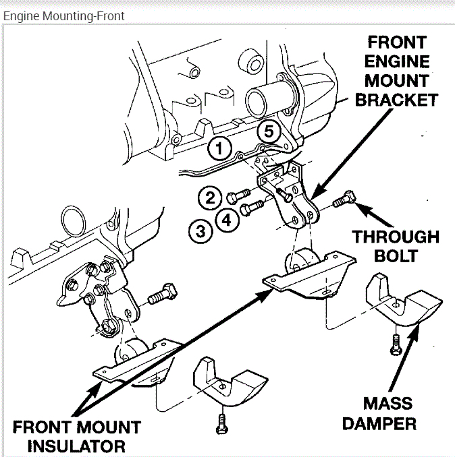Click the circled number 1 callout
tap(219, 148)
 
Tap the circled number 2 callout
tap(210, 197)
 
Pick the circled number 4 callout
tap(226, 219)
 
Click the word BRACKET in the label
tap(396, 100)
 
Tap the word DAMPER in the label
tap(388, 423)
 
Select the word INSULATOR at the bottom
tap(68, 446)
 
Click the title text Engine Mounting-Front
tap(63, 16)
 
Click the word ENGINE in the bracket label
tap(398, 62)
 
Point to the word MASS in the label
tap(388, 404)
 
